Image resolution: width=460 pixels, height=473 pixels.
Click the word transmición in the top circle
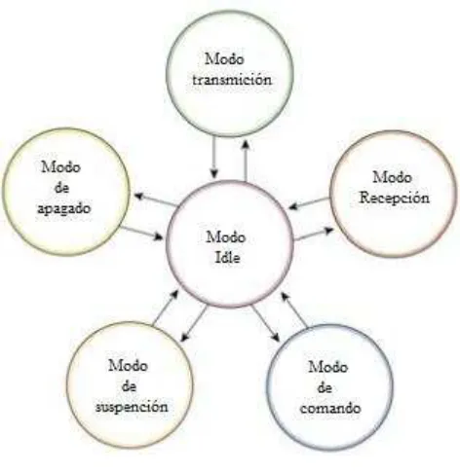click(x=232, y=80)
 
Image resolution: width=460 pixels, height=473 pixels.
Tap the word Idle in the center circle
click(x=228, y=258)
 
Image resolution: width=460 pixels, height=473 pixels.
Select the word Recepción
click(x=394, y=198)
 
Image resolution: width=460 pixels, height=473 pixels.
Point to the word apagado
click(x=63, y=208)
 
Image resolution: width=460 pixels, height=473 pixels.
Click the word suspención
click(x=132, y=407)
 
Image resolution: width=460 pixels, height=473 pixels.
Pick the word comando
click(x=330, y=408)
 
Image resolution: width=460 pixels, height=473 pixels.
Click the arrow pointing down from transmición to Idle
click(x=213, y=158)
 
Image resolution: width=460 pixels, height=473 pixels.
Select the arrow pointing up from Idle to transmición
click(x=246, y=161)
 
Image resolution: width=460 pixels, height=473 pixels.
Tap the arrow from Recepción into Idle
click(x=309, y=203)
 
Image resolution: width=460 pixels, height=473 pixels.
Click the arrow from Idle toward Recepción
click(x=314, y=235)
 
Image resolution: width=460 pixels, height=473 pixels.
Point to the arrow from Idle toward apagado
click(x=156, y=200)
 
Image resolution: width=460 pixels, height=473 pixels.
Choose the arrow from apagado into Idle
click(x=141, y=234)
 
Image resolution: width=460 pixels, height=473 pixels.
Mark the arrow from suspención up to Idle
click(x=166, y=308)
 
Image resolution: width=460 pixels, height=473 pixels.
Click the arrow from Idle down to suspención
click(x=194, y=323)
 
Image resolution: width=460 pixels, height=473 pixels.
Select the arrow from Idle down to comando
click(x=265, y=323)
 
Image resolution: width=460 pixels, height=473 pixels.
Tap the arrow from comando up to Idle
click(x=294, y=309)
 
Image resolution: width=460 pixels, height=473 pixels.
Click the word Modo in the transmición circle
click(x=224, y=59)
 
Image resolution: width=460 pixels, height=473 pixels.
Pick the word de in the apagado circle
click(x=61, y=188)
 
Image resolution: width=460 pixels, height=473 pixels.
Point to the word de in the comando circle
click(x=325, y=387)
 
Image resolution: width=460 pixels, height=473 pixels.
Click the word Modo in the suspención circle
click(x=129, y=366)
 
